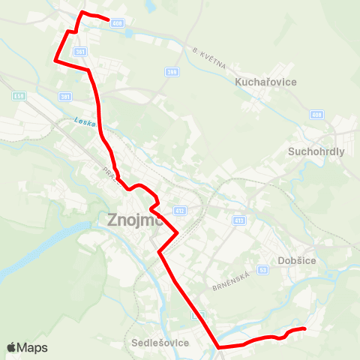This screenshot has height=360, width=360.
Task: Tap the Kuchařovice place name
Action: point(266,81)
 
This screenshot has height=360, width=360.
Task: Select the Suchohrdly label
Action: point(316,151)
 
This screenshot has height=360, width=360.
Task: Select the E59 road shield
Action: point(19,96)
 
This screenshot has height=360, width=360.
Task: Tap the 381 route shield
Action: point(65,97)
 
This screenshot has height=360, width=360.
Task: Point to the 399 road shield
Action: point(172,72)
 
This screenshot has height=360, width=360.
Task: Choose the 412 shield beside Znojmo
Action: point(180,211)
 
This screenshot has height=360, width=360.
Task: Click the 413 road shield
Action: point(239,220)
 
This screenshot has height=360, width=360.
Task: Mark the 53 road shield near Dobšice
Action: point(262,268)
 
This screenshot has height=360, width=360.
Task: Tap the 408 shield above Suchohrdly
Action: point(316,115)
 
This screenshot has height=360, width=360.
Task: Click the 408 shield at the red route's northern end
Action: point(116,23)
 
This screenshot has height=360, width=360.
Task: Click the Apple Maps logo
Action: point(27,347)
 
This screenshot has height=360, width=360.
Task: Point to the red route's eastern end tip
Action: point(305,328)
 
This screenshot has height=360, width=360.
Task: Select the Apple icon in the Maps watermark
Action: point(11,347)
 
